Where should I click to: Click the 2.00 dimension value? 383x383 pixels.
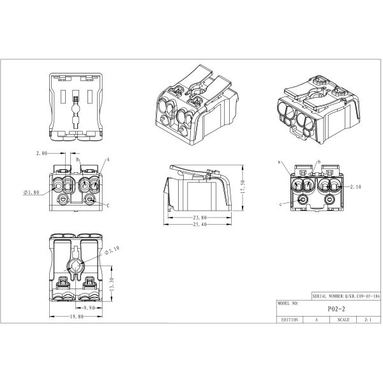pos(43,154)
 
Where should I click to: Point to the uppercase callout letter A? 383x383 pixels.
pos(108,160)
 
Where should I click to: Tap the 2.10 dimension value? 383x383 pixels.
pos(356,187)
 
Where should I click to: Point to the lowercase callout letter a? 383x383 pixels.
pos(280,163)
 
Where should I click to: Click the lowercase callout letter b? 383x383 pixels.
pos(319,163)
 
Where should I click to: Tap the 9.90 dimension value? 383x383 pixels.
pos(92,307)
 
